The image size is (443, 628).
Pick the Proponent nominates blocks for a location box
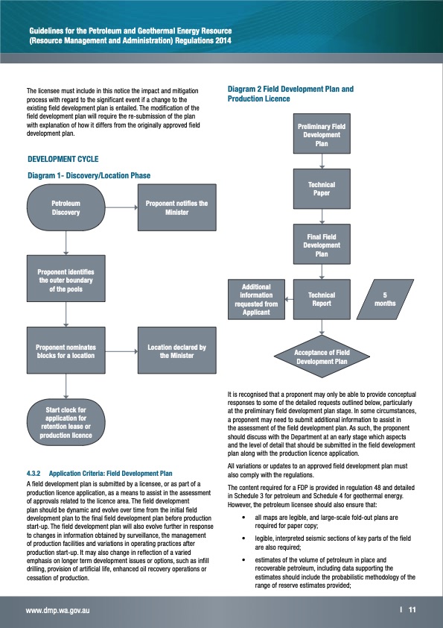[x=66, y=351]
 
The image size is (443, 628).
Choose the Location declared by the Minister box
[x=176, y=351]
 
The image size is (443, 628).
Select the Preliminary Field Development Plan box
[x=322, y=135]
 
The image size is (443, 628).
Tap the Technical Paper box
[x=322, y=189]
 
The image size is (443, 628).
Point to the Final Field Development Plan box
[x=322, y=245]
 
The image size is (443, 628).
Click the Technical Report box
[x=322, y=300]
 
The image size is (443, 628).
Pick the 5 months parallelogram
[x=385, y=300]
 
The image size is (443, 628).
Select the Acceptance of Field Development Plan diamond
[x=322, y=357]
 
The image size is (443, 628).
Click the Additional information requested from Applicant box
[x=257, y=300]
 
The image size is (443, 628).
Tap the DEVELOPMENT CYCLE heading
[x=63, y=159]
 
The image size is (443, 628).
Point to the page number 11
[x=412, y=610]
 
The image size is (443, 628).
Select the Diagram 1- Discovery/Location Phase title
[x=89, y=175]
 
